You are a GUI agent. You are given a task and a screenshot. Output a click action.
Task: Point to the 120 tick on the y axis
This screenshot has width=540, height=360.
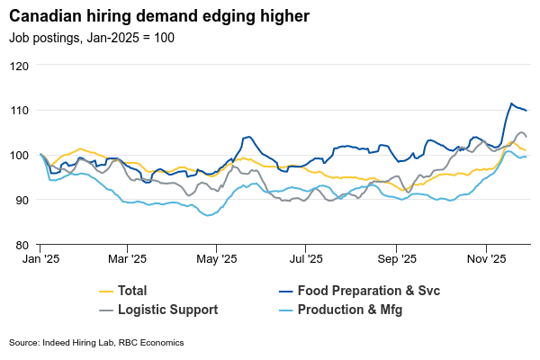(20, 66)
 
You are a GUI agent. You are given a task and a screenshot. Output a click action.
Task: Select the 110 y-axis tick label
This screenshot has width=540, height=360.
(20, 110)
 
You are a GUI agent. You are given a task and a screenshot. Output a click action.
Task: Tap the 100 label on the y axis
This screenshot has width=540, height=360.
(20, 155)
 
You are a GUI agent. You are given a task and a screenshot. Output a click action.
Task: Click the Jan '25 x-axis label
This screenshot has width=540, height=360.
(40, 259)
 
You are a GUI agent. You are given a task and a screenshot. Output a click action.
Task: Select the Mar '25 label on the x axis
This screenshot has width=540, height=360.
(128, 259)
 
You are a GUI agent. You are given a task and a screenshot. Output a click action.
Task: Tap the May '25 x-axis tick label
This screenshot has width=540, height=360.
(217, 259)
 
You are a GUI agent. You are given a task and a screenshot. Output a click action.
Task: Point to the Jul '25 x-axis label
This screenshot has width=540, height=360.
(307, 259)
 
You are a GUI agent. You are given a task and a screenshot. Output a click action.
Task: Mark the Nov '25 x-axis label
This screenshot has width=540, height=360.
(487, 259)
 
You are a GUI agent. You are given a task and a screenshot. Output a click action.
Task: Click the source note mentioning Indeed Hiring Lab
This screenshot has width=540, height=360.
(96, 343)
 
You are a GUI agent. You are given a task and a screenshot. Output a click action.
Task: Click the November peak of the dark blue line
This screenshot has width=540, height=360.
(511, 103)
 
